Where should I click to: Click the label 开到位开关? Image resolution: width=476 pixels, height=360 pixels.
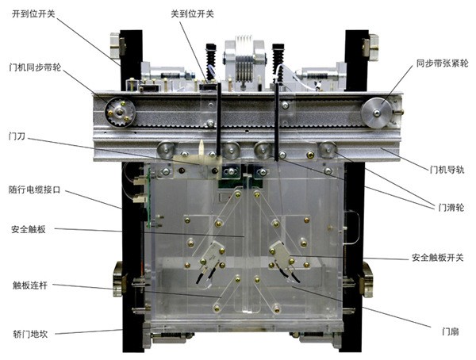click(33, 14)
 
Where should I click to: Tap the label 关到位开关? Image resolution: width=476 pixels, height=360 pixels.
click(192, 14)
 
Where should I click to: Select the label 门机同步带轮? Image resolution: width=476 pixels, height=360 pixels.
click(35, 67)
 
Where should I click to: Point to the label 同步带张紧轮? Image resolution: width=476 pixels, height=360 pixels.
click(442, 63)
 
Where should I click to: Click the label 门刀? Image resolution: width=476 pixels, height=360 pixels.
click(17, 136)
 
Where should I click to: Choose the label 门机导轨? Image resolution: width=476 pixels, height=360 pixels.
click(447, 170)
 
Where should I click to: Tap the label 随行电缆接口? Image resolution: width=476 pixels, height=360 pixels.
click(34, 190)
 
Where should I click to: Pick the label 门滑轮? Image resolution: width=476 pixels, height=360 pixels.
click(451, 208)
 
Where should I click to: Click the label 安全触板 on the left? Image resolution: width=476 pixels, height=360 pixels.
click(29, 229)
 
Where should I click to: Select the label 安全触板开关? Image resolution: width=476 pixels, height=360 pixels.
click(438, 258)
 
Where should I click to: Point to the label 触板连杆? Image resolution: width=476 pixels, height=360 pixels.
click(30, 285)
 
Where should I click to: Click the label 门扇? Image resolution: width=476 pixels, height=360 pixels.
click(450, 331)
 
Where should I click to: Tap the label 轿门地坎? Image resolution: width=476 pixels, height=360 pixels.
click(30, 334)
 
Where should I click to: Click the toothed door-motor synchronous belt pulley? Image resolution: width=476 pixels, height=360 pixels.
click(121, 113)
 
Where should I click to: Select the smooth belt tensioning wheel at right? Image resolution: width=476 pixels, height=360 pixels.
click(376, 113)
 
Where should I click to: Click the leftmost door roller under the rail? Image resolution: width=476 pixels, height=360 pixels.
click(166, 150)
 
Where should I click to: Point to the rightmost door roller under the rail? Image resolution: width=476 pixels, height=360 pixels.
click(328, 150)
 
